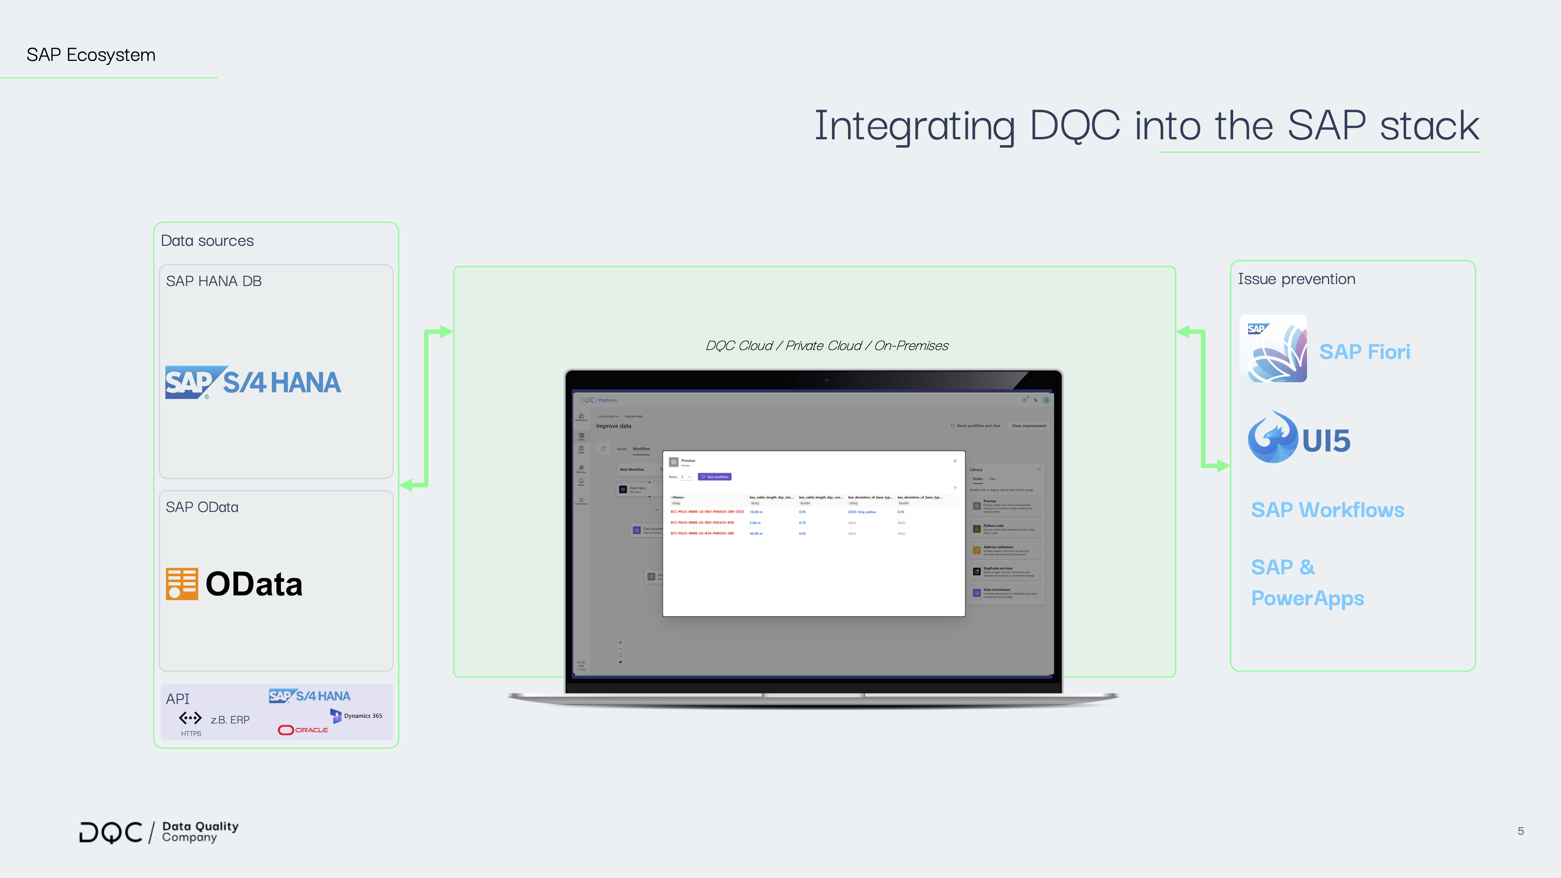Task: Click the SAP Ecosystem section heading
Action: tap(91, 55)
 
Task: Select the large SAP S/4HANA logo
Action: tap(253, 382)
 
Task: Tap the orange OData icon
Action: tap(182, 583)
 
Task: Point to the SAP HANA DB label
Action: tap(213, 281)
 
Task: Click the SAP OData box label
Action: tap(202, 507)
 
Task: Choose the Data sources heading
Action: tap(207, 240)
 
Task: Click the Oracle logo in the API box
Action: tap(303, 730)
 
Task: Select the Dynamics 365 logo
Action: tap(356, 716)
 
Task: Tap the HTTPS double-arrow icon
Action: tap(190, 718)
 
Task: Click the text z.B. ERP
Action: tap(230, 720)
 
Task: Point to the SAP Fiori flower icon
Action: tap(1273, 348)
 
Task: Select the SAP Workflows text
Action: tap(1327, 510)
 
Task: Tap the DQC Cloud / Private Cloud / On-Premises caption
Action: tap(827, 345)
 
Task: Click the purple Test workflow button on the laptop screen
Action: tap(715, 477)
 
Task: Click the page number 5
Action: tap(1520, 831)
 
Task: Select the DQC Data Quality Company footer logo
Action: tap(159, 832)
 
